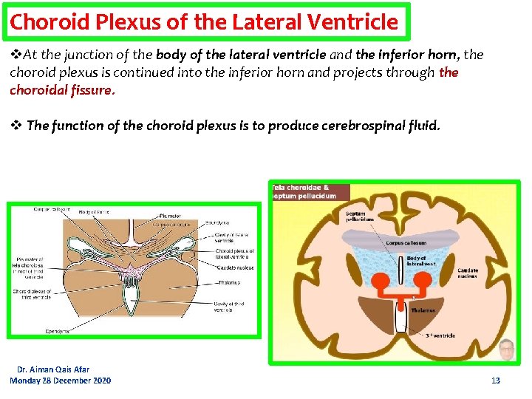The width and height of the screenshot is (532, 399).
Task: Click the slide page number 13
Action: pos(496,381)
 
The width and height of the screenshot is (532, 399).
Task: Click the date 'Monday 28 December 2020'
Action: pos(61,381)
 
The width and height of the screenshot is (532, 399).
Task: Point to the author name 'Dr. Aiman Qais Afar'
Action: pos(53,369)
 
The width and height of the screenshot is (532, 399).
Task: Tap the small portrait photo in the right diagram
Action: pos(506,349)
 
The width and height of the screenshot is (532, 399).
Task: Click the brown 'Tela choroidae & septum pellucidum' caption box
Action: pos(310,191)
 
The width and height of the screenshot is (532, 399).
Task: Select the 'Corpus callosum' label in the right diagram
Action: pos(405,242)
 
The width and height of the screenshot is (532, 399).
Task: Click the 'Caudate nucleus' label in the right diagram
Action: pos(468,274)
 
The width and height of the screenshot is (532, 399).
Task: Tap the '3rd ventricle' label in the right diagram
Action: pos(440,336)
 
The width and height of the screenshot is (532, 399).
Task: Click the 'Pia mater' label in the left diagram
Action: pos(169,216)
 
